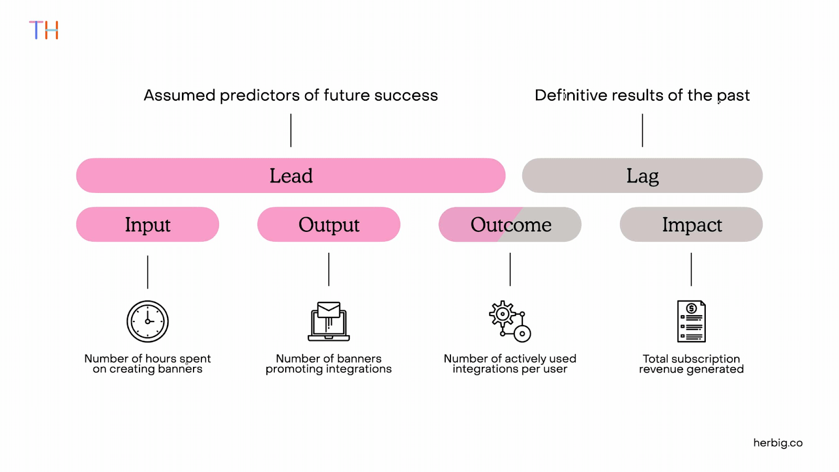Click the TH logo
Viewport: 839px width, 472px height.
pos(44,30)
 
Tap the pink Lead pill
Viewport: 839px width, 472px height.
pos(291,176)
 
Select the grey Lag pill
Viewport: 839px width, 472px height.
pos(642,176)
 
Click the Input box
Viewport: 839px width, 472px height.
pos(147,224)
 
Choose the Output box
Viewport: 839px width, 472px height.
pos(329,224)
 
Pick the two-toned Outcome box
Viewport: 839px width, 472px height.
pos(510,224)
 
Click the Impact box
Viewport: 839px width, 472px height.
pos(691,224)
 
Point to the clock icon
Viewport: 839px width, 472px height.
pos(147,321)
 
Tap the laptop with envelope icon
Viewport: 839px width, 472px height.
pos(329,321)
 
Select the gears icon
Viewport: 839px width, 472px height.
pos(510,321)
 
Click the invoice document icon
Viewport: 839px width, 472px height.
pos(691,321)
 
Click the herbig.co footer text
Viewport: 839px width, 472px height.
pos(778,443)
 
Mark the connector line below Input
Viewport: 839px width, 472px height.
pos(148,272)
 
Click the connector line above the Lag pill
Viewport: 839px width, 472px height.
pos(642,130)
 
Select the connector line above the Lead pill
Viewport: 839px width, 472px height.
pos(291,130)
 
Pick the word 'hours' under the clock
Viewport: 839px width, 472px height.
pos(160,359)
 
